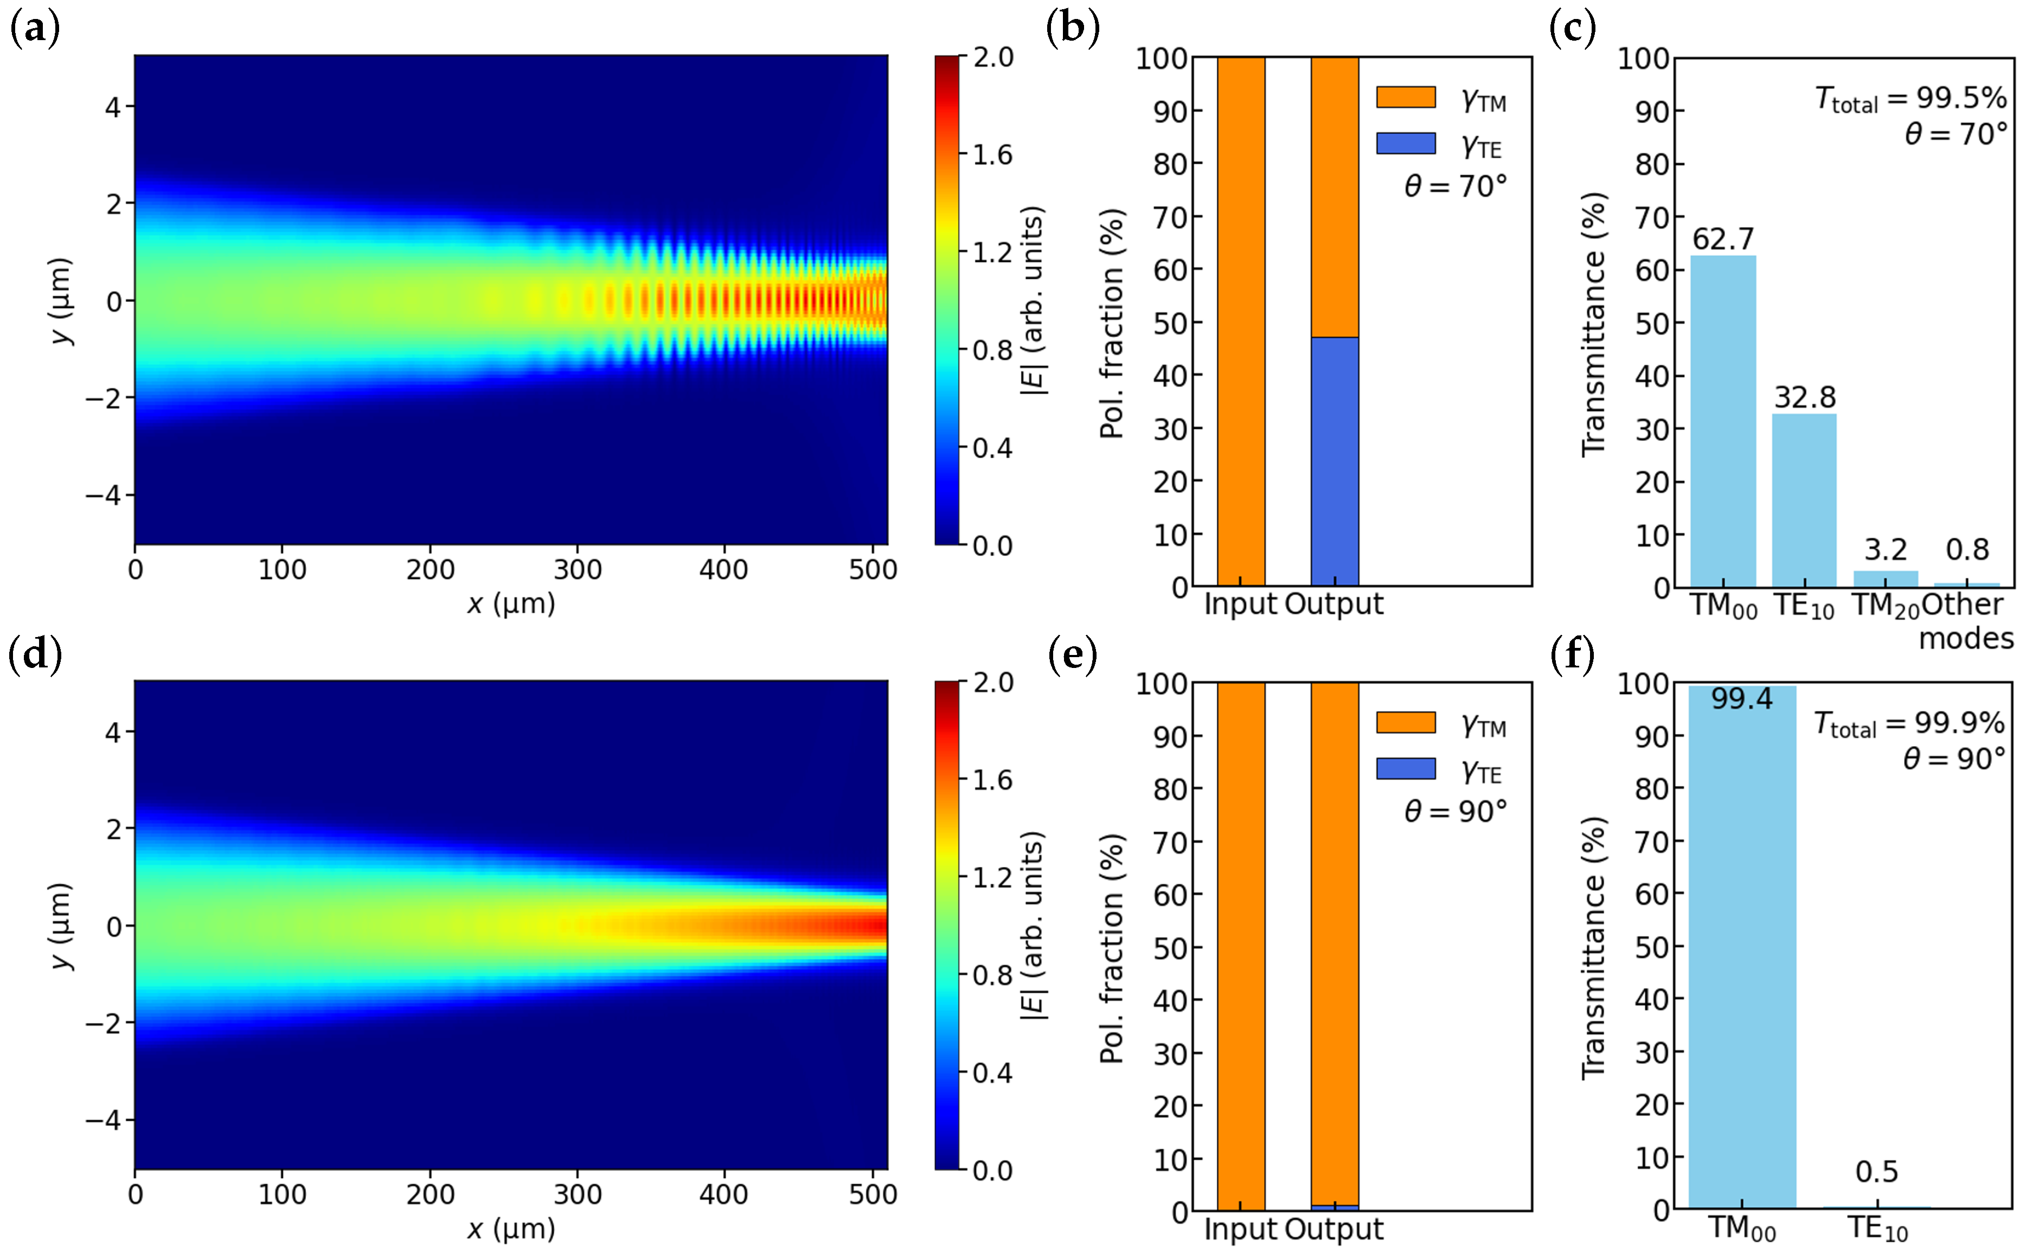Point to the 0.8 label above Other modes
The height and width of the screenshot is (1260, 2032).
coord(1966,550)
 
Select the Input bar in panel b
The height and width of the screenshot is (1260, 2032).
coord(1240,321)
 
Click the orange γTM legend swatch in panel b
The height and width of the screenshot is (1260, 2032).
coord(1405,98)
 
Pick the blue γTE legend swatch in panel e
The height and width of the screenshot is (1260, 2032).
coord(1405,768)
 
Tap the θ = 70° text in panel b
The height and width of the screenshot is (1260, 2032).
coord(1455,186)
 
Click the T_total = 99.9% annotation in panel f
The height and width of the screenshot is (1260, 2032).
coord(1909,723)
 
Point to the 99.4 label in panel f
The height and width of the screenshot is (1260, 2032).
coord(1741,698)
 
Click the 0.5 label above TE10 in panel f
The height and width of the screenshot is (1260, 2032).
coord(1876,1172)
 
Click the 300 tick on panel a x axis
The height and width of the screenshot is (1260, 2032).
coord(577,570)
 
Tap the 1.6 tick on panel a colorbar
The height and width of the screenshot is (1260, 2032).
coord(992,155)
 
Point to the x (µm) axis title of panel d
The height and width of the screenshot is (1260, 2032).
coord(511,1229)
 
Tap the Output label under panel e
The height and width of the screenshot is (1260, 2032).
coord(1334,1229)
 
